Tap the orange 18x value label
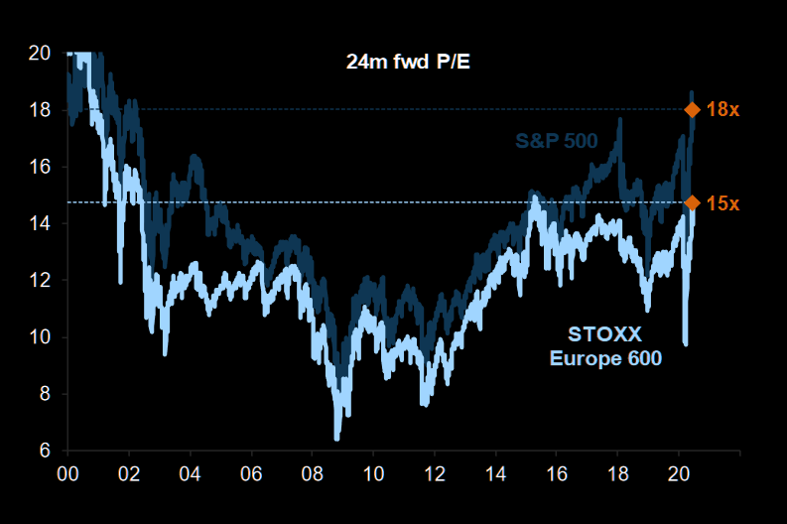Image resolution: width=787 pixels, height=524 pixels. tap(723, 109)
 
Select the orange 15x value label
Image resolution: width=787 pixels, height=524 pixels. tap(723, 202)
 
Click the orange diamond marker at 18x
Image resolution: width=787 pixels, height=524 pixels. tap(693, 109)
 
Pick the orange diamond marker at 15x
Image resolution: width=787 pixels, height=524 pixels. tap(693, 202)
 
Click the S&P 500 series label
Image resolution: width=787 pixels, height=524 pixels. tap(556, 141)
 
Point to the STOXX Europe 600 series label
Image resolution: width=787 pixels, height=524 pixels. tap(605, 343)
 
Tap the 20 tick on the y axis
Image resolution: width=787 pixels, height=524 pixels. tap(41, 53)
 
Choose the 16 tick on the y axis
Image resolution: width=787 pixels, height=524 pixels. tap(41, 167)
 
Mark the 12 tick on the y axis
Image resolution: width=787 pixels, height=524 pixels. tap(41, 280)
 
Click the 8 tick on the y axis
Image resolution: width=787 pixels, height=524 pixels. tap(46, 394)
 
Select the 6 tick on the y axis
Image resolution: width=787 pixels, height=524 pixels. tap(46, 451)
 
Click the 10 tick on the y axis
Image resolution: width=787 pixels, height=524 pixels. tap(41, 337)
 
